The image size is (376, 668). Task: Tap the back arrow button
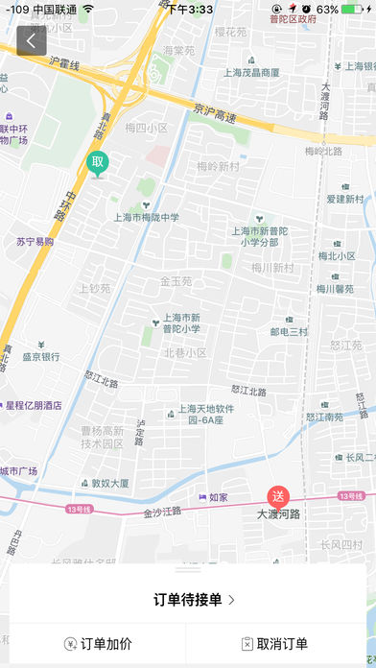tap(32, 41)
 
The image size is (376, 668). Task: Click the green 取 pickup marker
tap(97, 162)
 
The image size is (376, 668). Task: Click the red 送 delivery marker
tap(278, 497)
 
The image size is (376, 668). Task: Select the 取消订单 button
tap(275, 644)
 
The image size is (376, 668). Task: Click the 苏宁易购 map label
tap(35, 243)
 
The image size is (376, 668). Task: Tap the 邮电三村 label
tap(288, 332)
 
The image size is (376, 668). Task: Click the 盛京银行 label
tap(40, 356)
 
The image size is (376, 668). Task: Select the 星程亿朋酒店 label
tap(34, 405)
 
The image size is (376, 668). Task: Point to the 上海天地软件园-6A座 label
tap(205, 415)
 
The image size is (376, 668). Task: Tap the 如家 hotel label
tap(218, 497)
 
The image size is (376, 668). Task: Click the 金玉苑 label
tap(176, 281)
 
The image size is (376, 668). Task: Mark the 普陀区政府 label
tap(293, 18)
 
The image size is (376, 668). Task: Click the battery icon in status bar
tap(354, 9)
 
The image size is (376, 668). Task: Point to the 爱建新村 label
tap(345, 199)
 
